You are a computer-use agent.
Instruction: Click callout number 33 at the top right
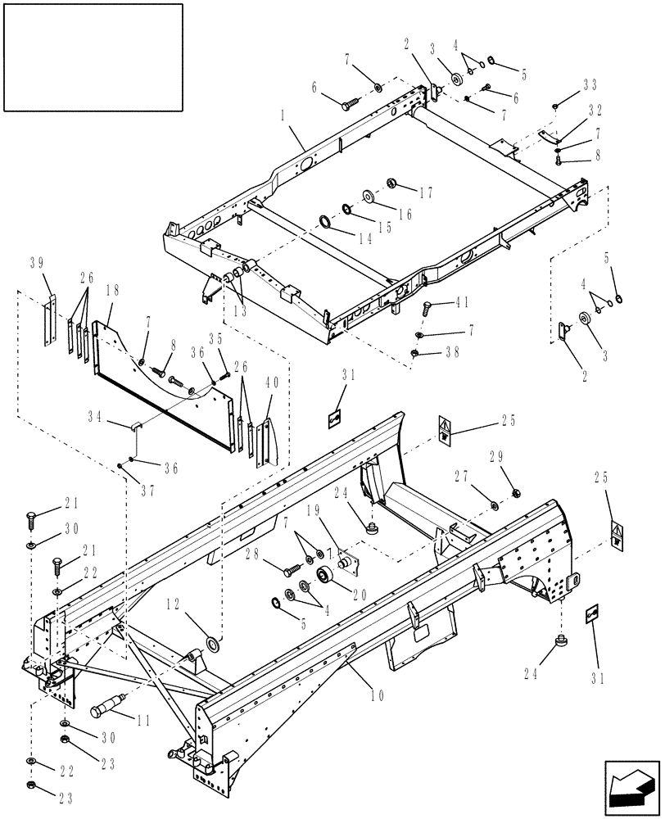coord(590,84)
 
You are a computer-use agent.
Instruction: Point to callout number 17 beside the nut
coord(426,194)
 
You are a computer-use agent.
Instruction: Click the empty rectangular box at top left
coord(93,57)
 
